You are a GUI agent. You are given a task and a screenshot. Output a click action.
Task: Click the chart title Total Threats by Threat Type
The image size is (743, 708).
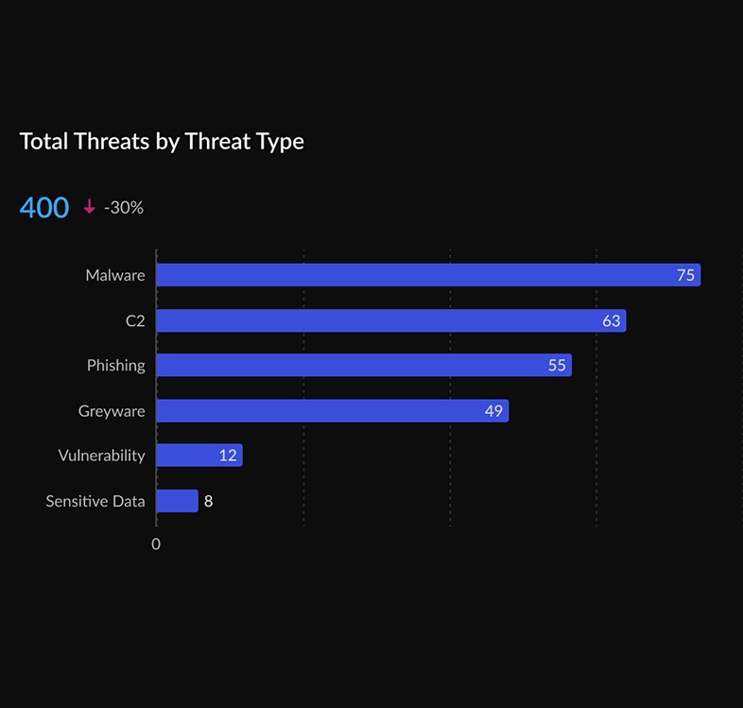click(162, 142)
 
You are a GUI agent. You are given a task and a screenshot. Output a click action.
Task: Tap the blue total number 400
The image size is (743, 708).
click(44, 208)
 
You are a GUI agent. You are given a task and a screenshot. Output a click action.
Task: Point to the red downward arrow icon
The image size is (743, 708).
click(90, 207)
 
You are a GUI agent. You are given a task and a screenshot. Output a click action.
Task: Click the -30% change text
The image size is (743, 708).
click(124, 208)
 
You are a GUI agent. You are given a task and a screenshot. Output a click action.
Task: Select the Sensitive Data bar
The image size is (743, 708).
click(177, 501)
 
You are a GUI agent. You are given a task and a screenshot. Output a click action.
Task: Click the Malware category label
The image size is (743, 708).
click(115, 275)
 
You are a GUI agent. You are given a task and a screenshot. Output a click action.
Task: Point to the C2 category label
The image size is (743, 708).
click(135, 320)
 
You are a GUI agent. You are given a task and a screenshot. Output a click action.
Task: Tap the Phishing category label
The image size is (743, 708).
click(116, 365)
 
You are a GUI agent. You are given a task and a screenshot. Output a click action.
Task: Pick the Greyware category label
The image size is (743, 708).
click(112, 410)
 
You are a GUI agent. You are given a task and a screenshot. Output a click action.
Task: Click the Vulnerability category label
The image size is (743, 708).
click(101, 456)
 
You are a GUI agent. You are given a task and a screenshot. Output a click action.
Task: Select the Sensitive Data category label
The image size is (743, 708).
click(95, 501)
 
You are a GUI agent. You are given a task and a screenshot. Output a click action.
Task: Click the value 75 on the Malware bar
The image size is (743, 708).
click(685, 275)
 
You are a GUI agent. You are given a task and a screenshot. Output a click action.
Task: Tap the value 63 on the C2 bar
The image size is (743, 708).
click(612, 320)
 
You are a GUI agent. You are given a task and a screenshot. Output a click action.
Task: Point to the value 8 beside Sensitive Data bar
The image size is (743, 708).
click(209, 501)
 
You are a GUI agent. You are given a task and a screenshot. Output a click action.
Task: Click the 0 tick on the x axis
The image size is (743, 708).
click(156, 544)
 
